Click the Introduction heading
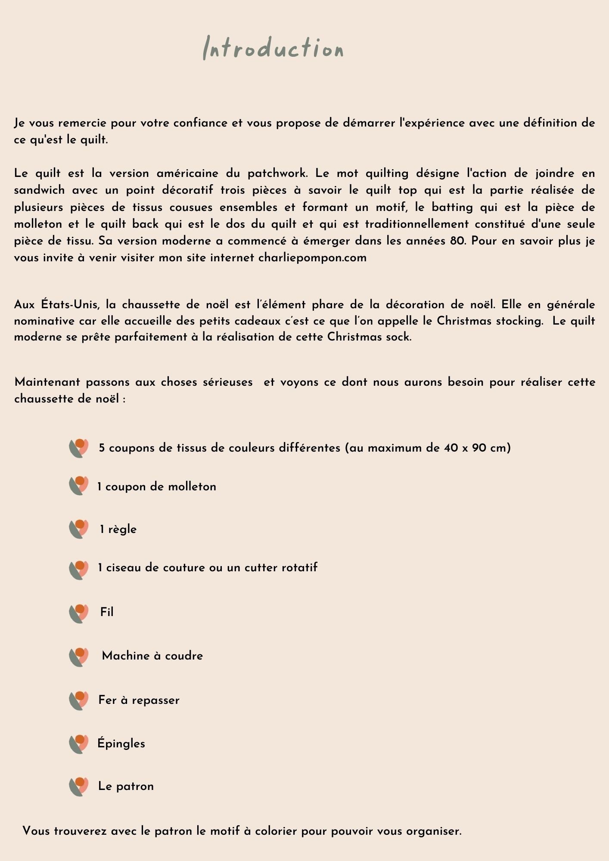point(273,48)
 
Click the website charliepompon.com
point(312,258)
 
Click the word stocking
point(519,321)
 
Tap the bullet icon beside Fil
point(79,613)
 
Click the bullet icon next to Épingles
point(79,744)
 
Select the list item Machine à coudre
point(152,656)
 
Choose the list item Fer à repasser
point(139,700)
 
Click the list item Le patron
point(126,786)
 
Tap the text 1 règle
point(118,529)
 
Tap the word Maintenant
point(47,382)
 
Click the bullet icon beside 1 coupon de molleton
point(79,486)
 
